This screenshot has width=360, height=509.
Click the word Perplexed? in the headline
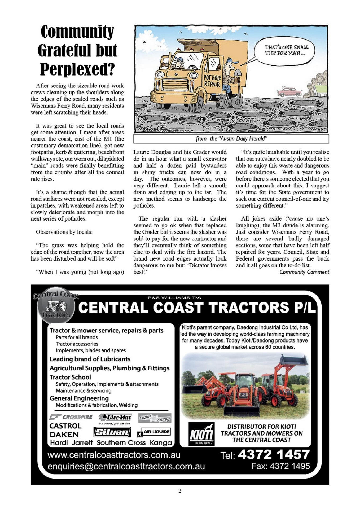coord(77,69)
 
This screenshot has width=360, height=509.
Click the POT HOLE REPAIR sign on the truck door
coord(212,81)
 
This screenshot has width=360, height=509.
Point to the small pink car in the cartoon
coord(289,92)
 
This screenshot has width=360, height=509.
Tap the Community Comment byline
coord(304,272)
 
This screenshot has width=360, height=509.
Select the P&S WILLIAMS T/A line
coord(174,298)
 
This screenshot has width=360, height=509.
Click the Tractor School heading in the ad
coord(70,377)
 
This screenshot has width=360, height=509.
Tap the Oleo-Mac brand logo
coord(115,418)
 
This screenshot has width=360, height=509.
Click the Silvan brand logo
coord(112,432)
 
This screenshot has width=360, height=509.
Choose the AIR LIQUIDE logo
coord(154,432)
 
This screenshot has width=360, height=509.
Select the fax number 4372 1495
coord(280,466)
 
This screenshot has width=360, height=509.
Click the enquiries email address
coord(126,467)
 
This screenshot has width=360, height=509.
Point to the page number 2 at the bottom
coord(180,491)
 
